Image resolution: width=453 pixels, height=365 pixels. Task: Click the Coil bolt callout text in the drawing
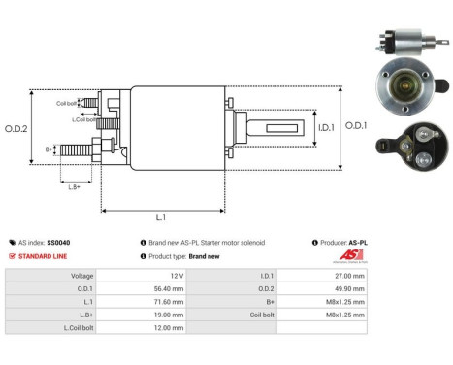[x=66, y=102]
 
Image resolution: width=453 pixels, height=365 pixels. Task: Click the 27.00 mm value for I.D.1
[x=348, y=275]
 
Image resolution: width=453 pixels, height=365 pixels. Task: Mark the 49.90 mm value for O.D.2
[x=348, y=288]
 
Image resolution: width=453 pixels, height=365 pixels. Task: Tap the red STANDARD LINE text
[x=44, y=256]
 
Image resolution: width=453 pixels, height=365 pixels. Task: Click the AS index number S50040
[x=57, y=242]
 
